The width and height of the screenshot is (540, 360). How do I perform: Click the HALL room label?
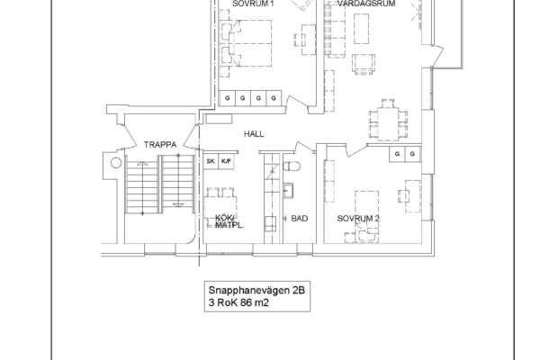pyautogui.click(x=254, y=134)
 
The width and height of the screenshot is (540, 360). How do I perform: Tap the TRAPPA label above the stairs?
pyautogui.click(x=160, y=145)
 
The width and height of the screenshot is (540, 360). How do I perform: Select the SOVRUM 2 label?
pyautogui.click(x=358, y=219)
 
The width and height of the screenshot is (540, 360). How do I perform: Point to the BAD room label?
pyautogui.click(x=300, y=219)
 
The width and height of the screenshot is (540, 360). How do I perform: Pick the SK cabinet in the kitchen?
pyautogui.click(x=211, y=161)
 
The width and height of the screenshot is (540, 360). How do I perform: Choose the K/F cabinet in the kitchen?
pyautogui.click(x=226, y=161)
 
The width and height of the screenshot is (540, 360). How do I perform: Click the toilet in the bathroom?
pyautogui.click(x=292, y=166)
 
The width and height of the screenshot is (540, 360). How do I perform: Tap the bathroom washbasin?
pyautogui.click(x=288, y=191)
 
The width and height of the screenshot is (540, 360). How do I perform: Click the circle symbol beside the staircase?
pyautogui.click(x=116, y=163)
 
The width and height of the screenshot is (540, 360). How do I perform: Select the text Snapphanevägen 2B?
pyautogui.click(x=256, y=290)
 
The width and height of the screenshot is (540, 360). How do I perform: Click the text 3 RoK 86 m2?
pyautogui.click(x=238, y=302)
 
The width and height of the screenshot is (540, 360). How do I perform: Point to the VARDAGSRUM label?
pyautogui.click(x=366, y=4)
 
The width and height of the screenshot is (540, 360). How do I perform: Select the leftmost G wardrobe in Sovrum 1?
pyautogui.click(x=228, y=98)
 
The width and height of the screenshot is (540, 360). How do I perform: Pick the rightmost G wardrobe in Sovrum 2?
pyautogui.click(x=412, y=154)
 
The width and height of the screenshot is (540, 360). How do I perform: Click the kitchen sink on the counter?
pyautogui.click(x=270, y=224)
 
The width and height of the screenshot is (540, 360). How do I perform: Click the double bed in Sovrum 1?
pyautogui.click(x=250, y=43)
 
